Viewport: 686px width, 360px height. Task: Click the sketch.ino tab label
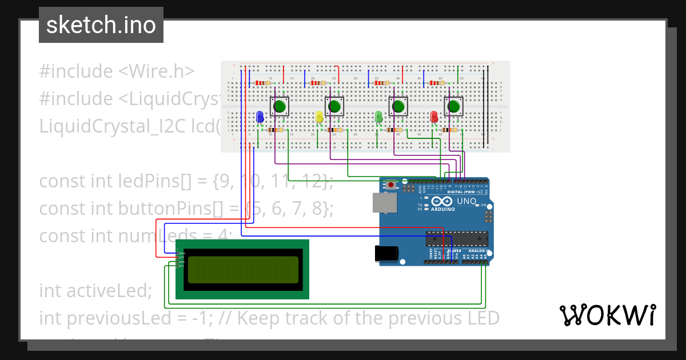(101, 25)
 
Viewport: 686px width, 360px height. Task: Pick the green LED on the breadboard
(378, 117)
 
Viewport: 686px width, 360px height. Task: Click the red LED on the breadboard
(434, 117)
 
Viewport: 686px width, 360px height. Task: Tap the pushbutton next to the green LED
(398, 106)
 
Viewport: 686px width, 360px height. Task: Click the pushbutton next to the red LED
(454, 106)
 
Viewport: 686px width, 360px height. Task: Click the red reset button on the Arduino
(391, 185)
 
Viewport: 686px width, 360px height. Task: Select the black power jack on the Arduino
(385, 254)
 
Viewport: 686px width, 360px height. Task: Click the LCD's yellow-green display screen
(243, 270)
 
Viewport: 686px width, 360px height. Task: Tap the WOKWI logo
(607, 315)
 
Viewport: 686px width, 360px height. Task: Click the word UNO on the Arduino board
(467, 201)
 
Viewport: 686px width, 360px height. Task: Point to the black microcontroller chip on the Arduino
(457, 238)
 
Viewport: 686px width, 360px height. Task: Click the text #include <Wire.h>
(117, 71)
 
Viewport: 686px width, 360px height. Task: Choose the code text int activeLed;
(95, 291)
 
